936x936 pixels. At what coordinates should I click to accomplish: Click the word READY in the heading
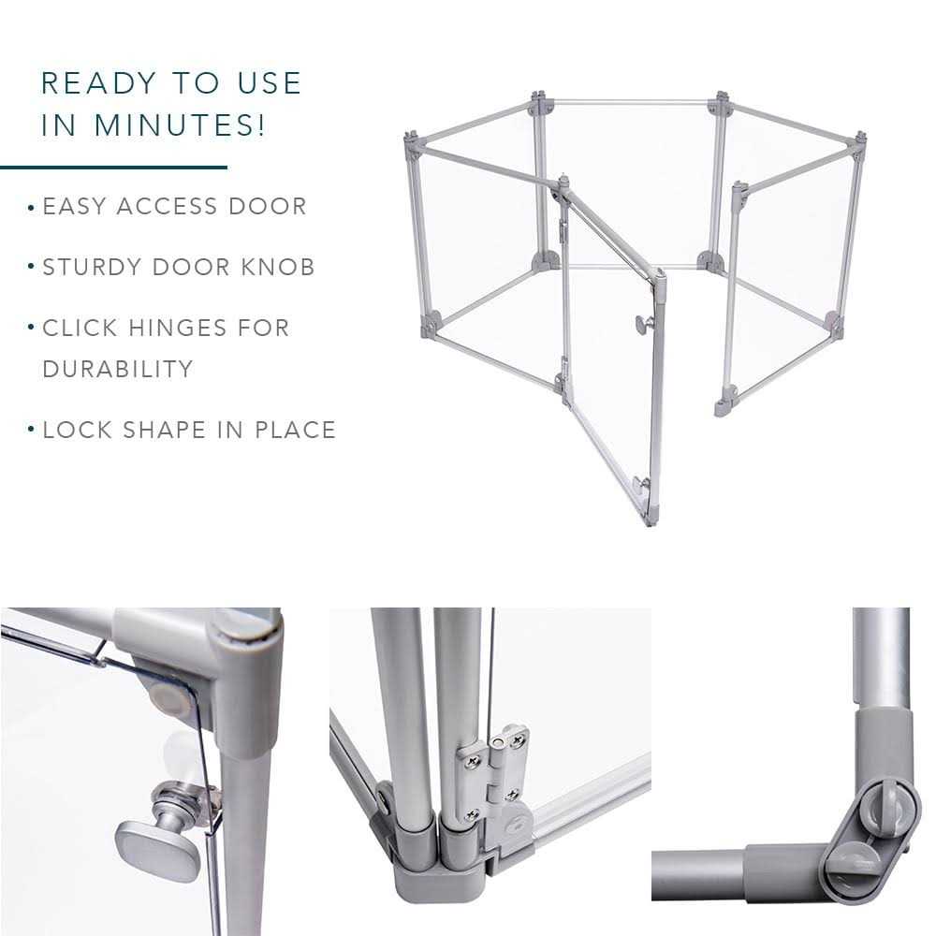(98, 83)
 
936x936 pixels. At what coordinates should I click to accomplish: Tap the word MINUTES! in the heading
(179, 124)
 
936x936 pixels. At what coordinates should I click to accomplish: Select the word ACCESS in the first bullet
(167, 207)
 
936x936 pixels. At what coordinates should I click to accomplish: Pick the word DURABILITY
(118, 369)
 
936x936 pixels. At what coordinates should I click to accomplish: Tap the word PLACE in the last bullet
(296, 430)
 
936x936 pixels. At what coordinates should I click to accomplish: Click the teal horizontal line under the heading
(113, 168)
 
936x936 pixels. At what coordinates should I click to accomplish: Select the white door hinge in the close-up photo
(493, 774)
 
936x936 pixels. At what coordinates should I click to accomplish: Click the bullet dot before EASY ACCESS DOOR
(31, 208)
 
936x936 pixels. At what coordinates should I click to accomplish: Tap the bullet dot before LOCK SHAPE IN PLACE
(31, 430)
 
